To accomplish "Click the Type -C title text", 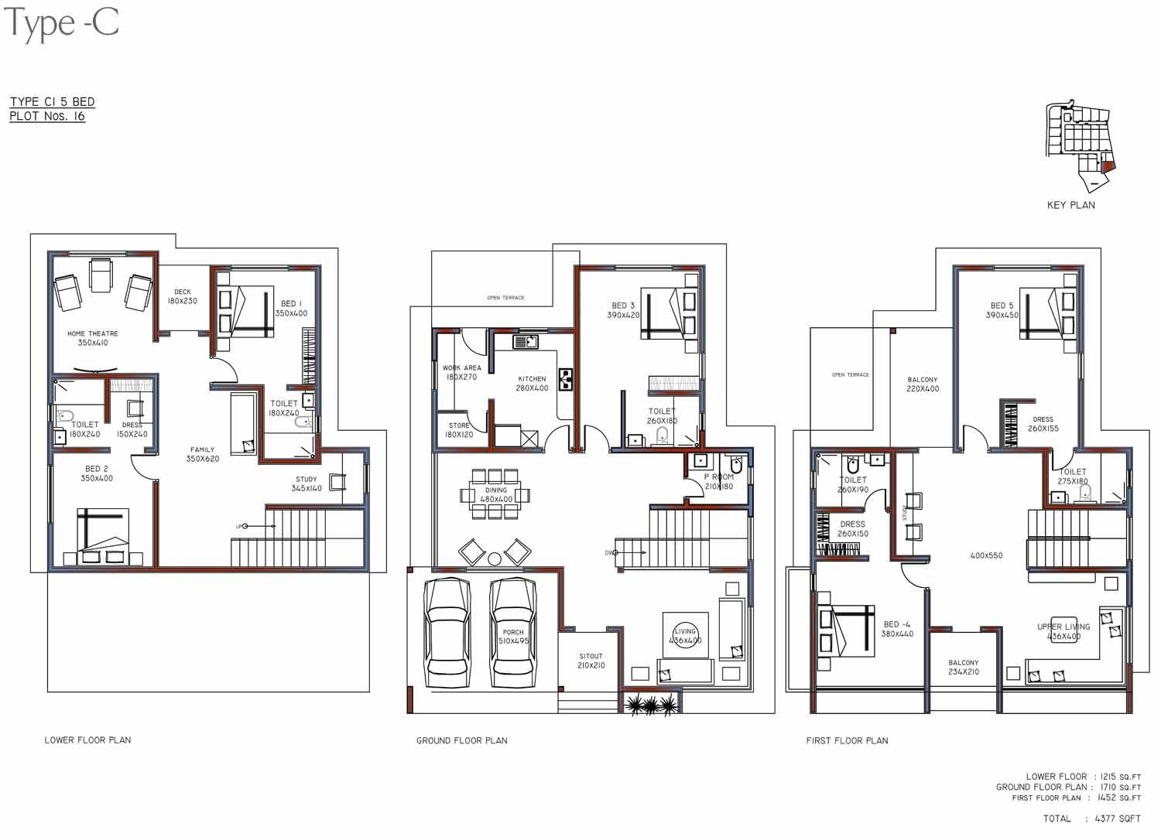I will click(x=62, y=23).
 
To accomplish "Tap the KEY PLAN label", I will click(x=1070, y=205).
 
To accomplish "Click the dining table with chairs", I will click(x=495, y=494).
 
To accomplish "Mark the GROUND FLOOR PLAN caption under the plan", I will click(x=462, y=740).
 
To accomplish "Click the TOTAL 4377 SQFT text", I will click(x=1091, y=818).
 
